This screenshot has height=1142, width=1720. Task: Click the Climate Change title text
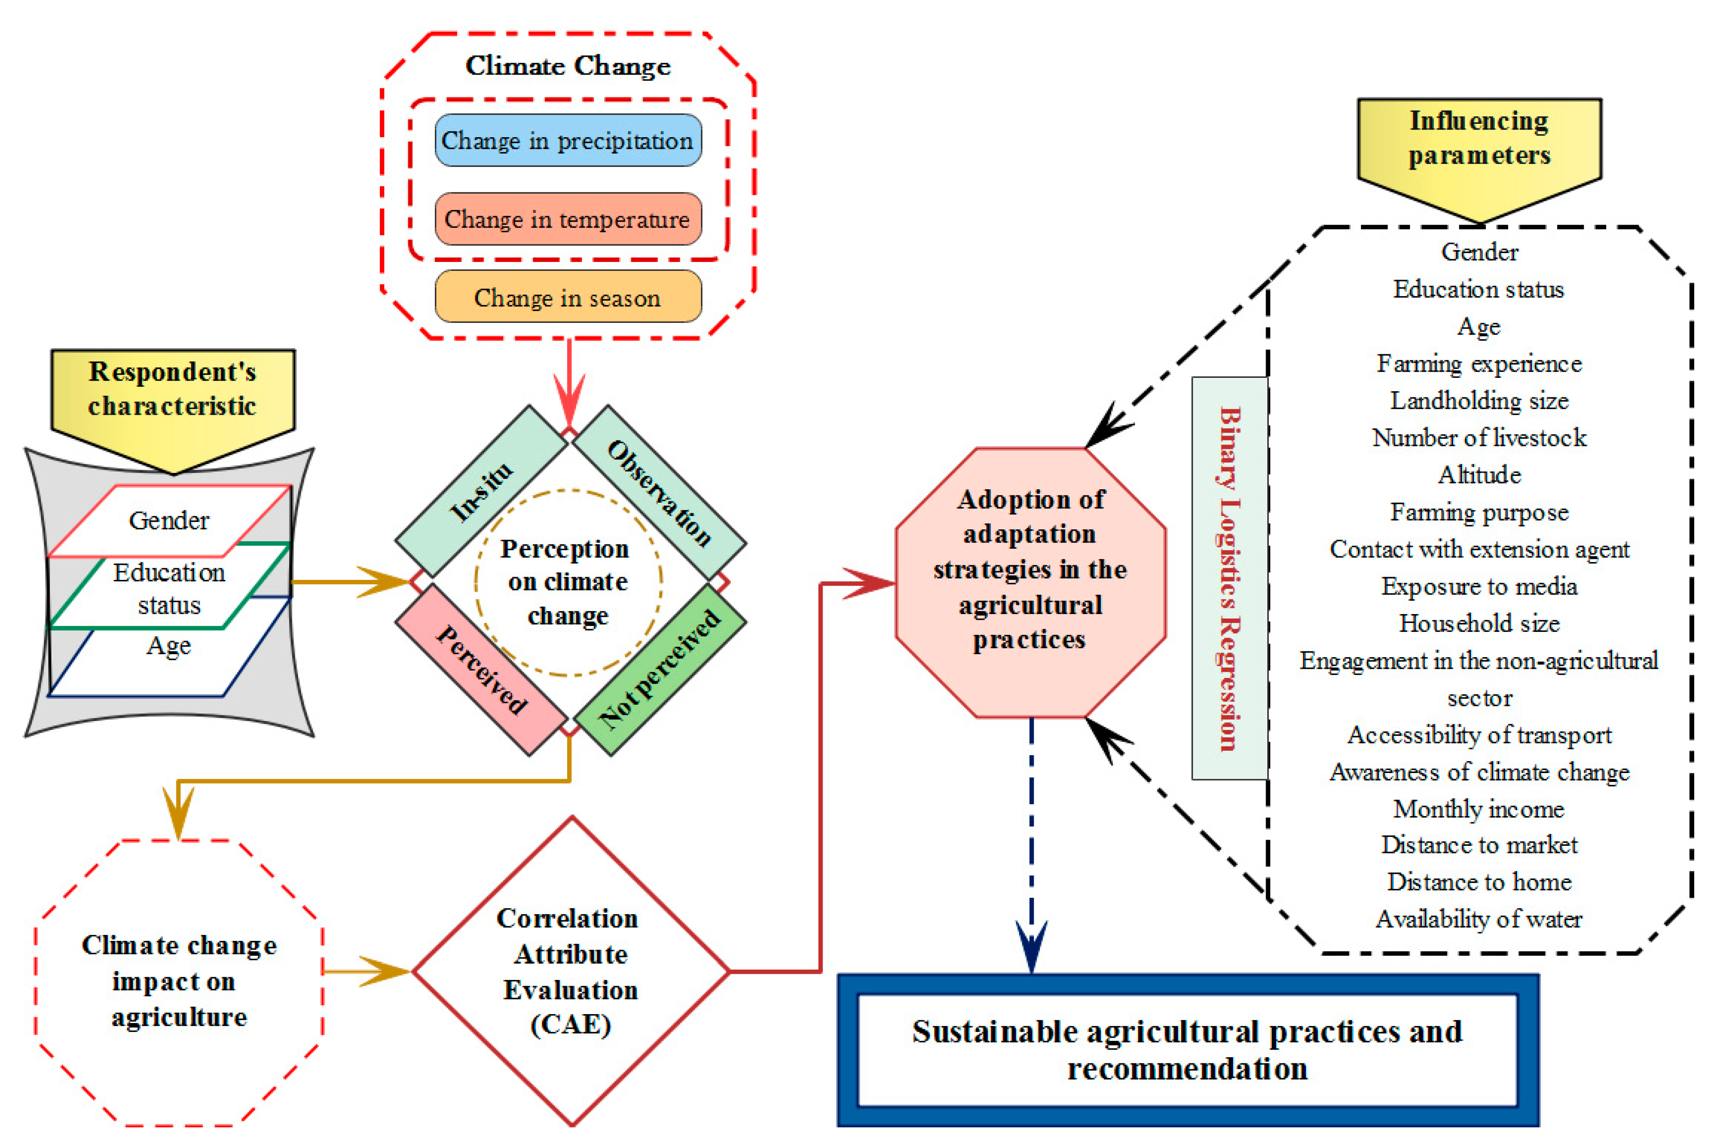568,66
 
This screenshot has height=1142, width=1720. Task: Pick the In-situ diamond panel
481,492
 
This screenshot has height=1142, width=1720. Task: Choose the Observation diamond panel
659,492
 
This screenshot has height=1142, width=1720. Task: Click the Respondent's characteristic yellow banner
173,397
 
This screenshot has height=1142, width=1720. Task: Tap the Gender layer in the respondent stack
169,520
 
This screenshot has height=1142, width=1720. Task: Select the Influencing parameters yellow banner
1478,146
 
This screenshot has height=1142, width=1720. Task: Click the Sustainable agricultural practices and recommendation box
1187,1050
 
